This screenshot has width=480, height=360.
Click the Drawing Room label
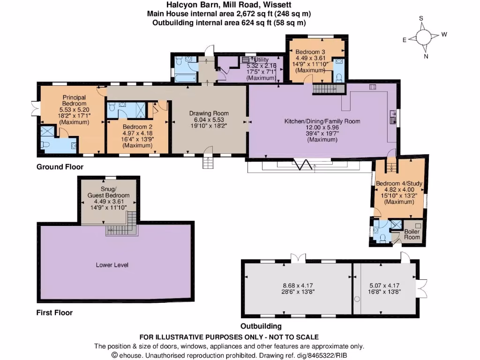click(x=209, y=113)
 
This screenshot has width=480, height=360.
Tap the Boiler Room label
click(x=412, y=234)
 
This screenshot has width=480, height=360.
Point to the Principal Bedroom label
click(x=74, y=100)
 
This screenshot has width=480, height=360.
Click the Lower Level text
click(x=112, y=265)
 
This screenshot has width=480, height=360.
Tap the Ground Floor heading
click(x=60, y=167)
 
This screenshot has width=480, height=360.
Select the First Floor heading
click(x=54, y=312)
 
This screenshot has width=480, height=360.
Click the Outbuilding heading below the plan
click(x=261, y=326)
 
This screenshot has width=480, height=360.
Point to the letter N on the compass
click(x=426, y=57)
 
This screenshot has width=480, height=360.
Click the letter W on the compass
click(x=444, y=34)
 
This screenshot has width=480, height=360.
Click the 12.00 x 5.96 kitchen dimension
click(x=322, y=127)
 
